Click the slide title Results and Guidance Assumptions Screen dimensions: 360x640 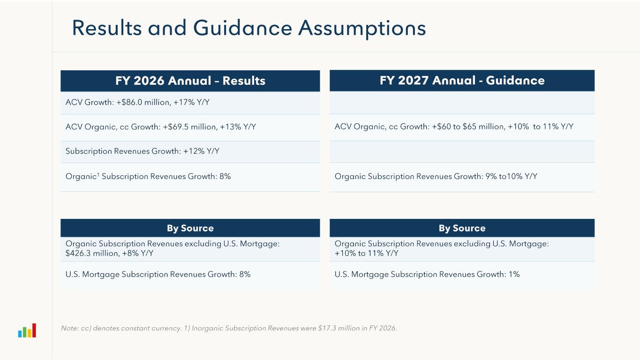pos(249,28)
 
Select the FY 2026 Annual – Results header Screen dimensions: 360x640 pos(190,81)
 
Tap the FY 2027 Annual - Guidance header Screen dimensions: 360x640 pos(462,81)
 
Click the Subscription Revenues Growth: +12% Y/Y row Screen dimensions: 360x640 pos(143,151)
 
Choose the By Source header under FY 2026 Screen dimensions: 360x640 pos(190,228)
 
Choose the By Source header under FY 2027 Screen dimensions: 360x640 pos(462,228)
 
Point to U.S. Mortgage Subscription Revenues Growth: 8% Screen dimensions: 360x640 pos(158,274)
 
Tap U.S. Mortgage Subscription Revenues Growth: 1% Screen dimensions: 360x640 pos(427,274)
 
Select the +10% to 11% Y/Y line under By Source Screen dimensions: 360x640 pos(366,254)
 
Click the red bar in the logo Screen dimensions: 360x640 pos(34,330)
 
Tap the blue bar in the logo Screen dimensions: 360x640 pos(20,333)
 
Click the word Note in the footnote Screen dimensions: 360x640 pos(69,329)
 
